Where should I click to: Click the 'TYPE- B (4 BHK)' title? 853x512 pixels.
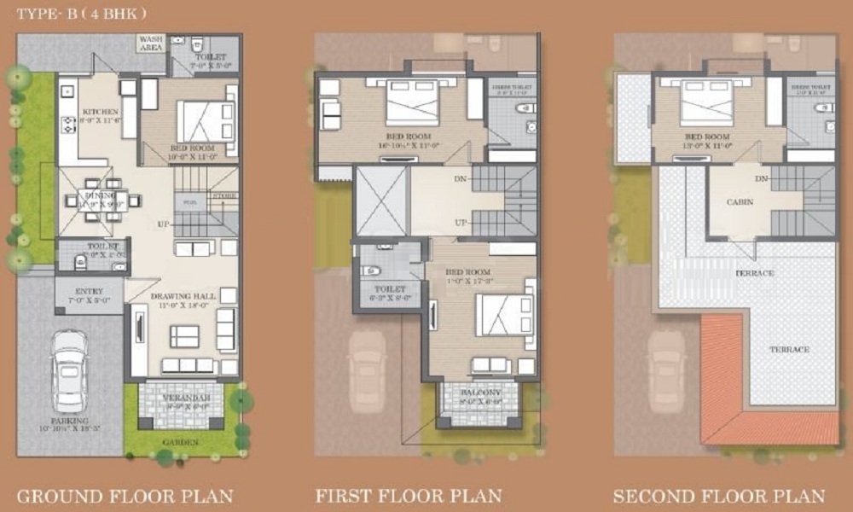[x=82, y=14]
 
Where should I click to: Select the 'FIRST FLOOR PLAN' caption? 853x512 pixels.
[x=409, y=495]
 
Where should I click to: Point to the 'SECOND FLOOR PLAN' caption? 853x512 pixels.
[x=719, y=495]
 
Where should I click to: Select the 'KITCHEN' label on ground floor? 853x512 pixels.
[x=99, y=112]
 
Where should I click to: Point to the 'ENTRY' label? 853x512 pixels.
[x=89, y=291]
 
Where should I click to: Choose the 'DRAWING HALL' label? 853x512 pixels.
[x=183, y=296]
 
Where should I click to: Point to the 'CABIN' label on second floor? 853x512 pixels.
[x=739, y=203]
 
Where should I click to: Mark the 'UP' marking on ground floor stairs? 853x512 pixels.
[x=161, y=224]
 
